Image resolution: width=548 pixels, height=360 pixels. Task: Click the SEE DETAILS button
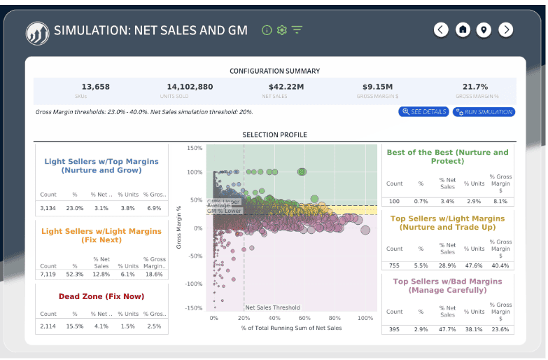(x=423, y=112)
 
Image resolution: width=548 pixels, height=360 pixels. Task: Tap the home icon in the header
(x=462, y=29)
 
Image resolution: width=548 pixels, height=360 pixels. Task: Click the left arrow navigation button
(x=440, y=29)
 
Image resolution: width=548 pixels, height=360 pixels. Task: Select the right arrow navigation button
(x=506, y=29)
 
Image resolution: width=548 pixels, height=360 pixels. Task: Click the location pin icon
(x=484, y=29)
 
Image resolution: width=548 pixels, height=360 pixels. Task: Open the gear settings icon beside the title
(x=282, y=30)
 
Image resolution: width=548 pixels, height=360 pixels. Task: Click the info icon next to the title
(x=266, y=30)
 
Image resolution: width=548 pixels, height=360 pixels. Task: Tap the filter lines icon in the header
(x=297, y=30)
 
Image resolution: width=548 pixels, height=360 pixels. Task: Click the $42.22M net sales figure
(x=275, y=87)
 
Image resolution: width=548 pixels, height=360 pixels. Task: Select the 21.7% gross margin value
(x=475, y=87)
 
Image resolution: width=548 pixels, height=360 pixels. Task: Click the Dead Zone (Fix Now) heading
(x=101, y=296)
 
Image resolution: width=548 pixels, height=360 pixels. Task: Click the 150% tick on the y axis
(x=195, y=148)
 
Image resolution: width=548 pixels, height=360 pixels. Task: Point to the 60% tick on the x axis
(x=304, y=318)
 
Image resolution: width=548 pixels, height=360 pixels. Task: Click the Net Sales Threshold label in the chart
(x=272, y=307)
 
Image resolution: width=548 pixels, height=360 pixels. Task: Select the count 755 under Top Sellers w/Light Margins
(x=395, y=266)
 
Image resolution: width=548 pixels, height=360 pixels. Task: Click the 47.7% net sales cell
(x=447, y=329)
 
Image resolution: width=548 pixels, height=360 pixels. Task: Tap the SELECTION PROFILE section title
(x=274, y=134)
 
